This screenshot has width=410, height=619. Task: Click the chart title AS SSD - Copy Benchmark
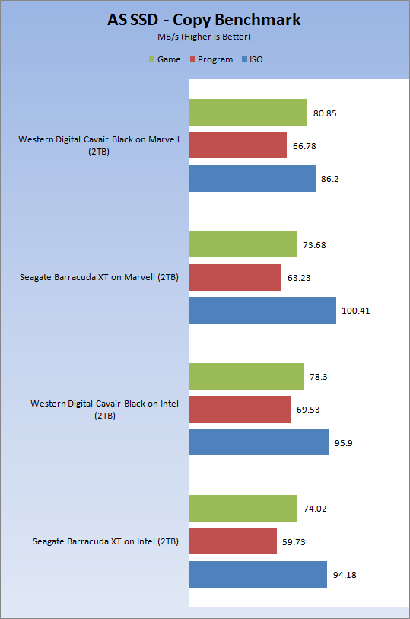204,20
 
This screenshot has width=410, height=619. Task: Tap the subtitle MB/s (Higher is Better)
204,37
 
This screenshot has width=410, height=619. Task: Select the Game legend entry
165,59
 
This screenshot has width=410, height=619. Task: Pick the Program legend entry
211,59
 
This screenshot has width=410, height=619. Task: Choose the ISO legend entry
253,59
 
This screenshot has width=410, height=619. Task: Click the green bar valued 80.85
248,112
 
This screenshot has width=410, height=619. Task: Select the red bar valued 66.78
238,145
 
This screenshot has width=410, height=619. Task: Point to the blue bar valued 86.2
253,178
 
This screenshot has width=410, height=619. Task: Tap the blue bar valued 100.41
262,311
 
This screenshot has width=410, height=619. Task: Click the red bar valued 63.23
235,278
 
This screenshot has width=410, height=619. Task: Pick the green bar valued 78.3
246,377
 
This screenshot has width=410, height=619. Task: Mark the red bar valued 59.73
233,541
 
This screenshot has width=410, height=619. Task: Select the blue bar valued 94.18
258,574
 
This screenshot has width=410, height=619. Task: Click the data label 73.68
314,245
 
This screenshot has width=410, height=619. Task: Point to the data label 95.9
343,443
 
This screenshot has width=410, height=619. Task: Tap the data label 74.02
315,509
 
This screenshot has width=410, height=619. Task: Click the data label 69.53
308,410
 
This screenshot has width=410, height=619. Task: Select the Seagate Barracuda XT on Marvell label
99,277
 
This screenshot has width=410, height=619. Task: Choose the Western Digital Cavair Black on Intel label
104,410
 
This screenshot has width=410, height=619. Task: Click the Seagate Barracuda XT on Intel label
105,541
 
